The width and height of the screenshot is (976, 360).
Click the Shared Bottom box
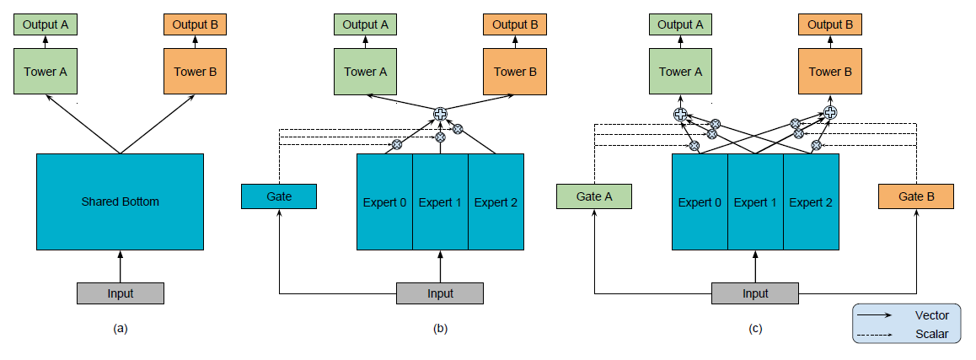click(120, 201)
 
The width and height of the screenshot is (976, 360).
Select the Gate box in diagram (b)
click(279, 196)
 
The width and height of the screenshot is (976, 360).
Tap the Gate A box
click(593, 196)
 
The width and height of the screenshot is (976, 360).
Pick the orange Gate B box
click(916, 196)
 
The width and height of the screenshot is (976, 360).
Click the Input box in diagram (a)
click(120, 293)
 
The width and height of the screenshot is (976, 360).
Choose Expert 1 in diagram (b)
click(440, 202)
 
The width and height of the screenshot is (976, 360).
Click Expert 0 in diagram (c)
click(700, 202)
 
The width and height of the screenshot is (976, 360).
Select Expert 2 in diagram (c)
click(811, 202)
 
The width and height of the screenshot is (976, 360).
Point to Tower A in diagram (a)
click(46, 71)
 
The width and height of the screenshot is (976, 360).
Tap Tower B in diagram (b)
click(510, 71)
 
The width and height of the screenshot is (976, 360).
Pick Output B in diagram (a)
click(196, 24)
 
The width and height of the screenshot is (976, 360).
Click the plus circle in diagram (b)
click(440, 114)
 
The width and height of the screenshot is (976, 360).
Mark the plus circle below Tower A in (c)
click(680, 114)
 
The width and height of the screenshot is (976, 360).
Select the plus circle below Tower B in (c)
click(830, 112)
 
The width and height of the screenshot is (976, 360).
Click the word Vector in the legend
click(931, 315)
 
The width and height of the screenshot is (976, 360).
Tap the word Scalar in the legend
click(931, 334)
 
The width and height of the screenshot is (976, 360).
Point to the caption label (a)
click(120, 329)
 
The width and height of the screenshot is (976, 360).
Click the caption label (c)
click(754, 329)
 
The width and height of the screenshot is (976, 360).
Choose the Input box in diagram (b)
click(440, 293)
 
